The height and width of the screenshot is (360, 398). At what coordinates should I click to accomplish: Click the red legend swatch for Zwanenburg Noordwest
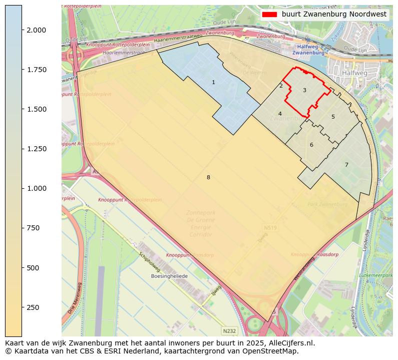pos(269,15)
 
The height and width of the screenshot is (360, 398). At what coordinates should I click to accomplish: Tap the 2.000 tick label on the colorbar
pos(37,30)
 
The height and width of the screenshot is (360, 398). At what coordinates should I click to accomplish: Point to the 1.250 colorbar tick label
pos(37,149)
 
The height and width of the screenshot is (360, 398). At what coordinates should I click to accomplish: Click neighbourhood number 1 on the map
pos(213,82)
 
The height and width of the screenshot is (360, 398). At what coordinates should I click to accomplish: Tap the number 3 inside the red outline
pos(304,90)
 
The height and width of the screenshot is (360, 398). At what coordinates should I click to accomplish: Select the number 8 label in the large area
pos(208,177)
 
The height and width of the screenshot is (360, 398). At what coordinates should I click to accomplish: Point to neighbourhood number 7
pos(346,165)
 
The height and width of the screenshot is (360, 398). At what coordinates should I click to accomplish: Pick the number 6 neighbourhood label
pos(311,145)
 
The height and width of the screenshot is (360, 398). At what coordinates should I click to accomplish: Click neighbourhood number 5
pos(333,117)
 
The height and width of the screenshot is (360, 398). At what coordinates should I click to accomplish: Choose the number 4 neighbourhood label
pos(280,114)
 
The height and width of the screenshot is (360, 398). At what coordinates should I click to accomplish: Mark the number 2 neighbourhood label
pos(281,86)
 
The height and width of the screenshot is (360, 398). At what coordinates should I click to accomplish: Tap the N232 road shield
pos(229,331)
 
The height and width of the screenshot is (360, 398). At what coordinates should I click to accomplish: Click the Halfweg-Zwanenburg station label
pos(308,50)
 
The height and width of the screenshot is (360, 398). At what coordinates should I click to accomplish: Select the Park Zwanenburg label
pos(327,204)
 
